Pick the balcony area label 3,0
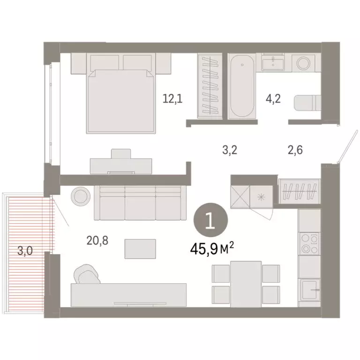(25, 251)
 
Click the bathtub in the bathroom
(242, 87)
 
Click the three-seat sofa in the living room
(138, 202)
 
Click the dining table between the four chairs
(246, 284)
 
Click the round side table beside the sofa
(80, 195)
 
